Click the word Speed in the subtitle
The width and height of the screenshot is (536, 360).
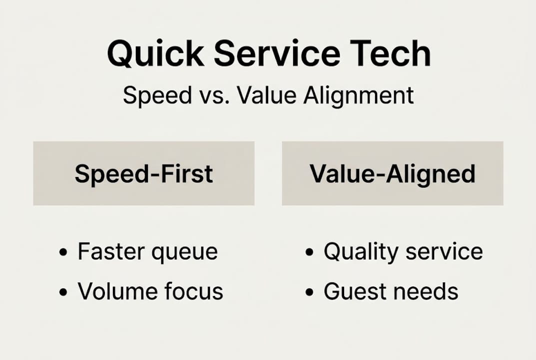pyautogui.click(x=150, y=95)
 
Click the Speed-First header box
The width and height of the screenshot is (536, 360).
pyautogui.click(x=144, y=173)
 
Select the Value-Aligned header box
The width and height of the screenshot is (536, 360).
pyautogui.click(x=393, y=173)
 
